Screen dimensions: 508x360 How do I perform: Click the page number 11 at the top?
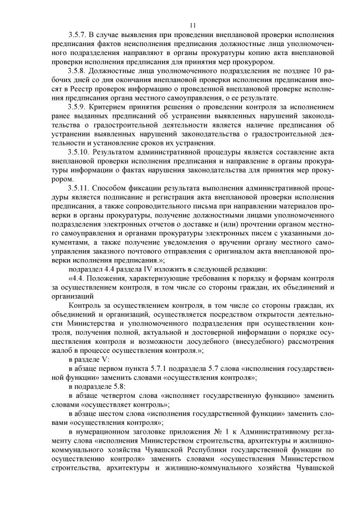(x=193, y=25)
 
